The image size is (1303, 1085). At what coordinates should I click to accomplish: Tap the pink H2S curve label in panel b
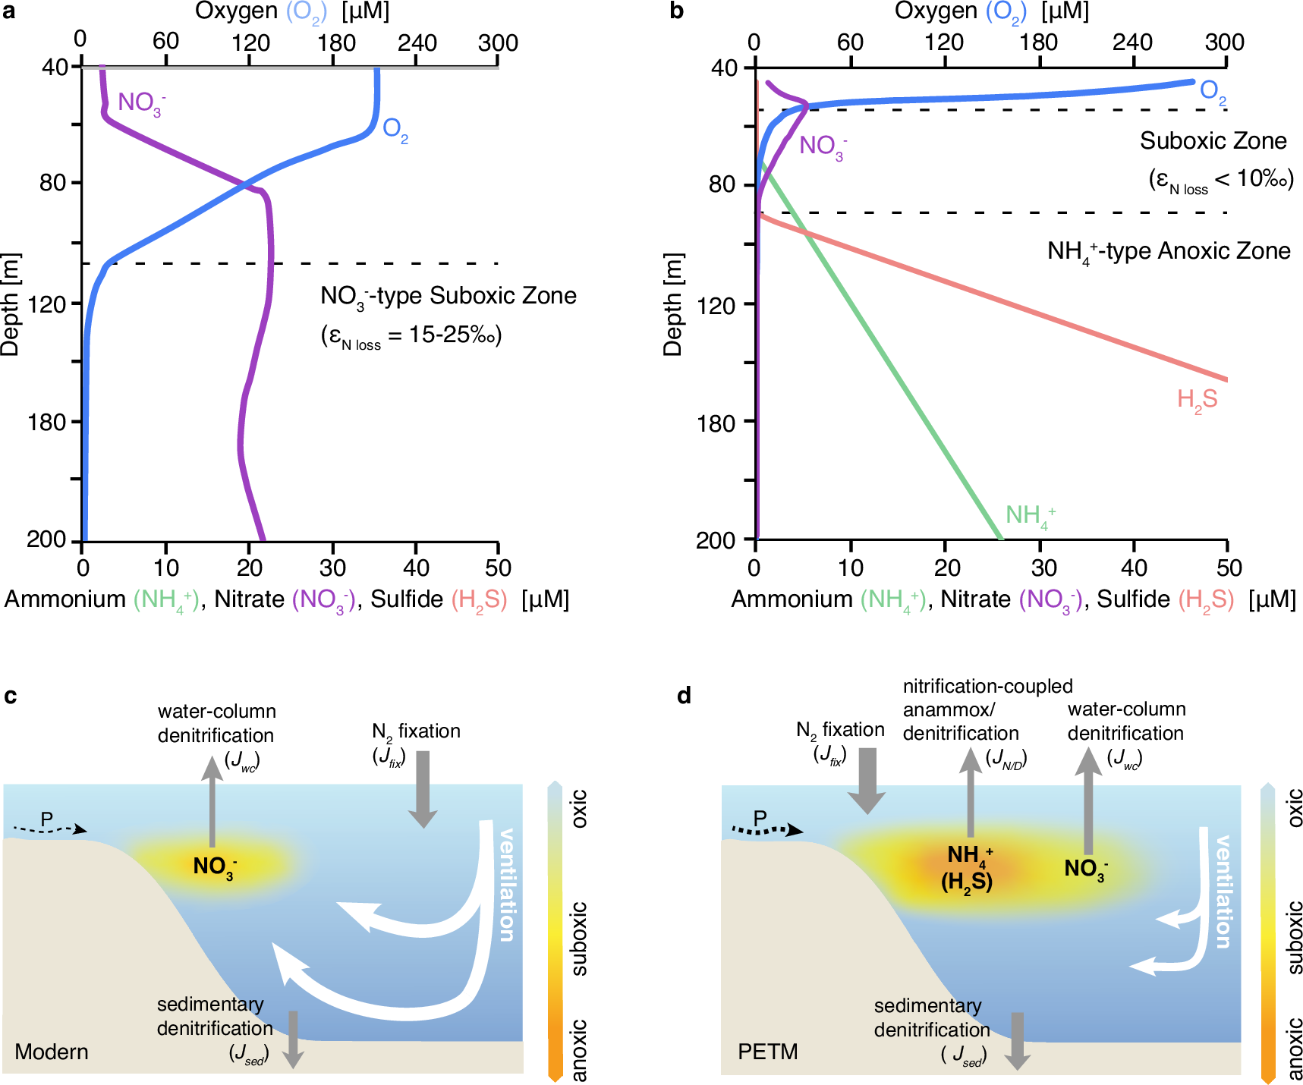point(1197,400)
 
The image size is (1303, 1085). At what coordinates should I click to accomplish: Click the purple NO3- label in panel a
point(141,103)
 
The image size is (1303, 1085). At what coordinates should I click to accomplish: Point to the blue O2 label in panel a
point(395,130)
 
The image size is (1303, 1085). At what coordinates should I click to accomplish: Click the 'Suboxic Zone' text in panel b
point(1213,141)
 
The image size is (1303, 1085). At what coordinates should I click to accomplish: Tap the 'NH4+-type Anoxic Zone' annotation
point(1169,252)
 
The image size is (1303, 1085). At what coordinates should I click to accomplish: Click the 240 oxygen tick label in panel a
point(417,42)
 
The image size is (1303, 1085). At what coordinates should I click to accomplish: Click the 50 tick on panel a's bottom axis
point(498,568)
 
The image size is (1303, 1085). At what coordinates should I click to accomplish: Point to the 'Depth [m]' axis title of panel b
point(672,303)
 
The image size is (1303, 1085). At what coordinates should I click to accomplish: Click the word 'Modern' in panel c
point(52,1052)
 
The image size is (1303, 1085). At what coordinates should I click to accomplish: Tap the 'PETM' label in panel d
point(767,1052)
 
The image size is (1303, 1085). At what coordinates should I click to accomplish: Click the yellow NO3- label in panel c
point(215,866)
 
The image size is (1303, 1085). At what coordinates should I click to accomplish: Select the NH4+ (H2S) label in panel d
point(968,868)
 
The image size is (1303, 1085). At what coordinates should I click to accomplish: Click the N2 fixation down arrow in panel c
point(423,789)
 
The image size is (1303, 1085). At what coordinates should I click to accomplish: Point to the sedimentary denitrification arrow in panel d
point(1017,1040)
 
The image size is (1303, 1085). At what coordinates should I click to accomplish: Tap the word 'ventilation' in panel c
point(506,885)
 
